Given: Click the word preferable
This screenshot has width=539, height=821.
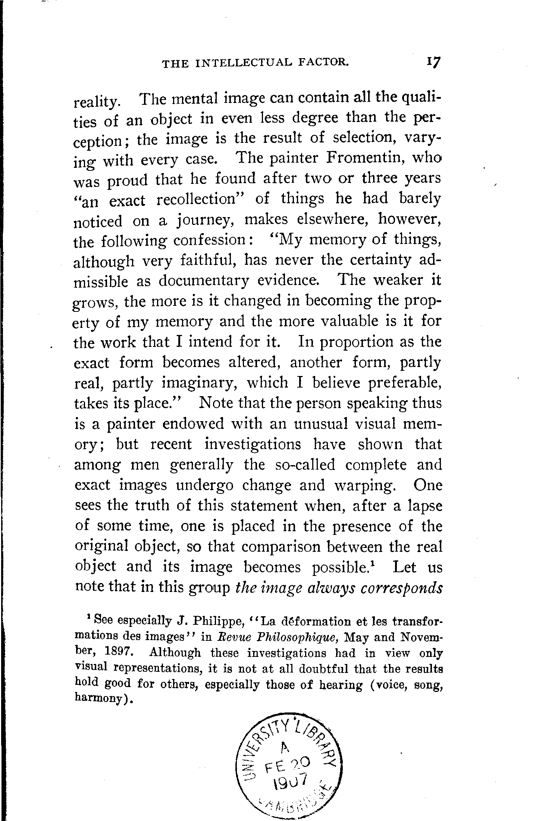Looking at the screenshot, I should (399, 383).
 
